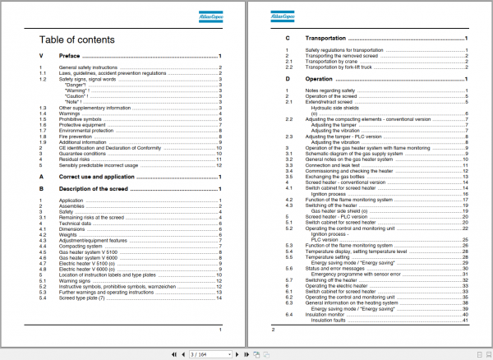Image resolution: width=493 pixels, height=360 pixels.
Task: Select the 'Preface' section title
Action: click(x=70, y=56)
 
